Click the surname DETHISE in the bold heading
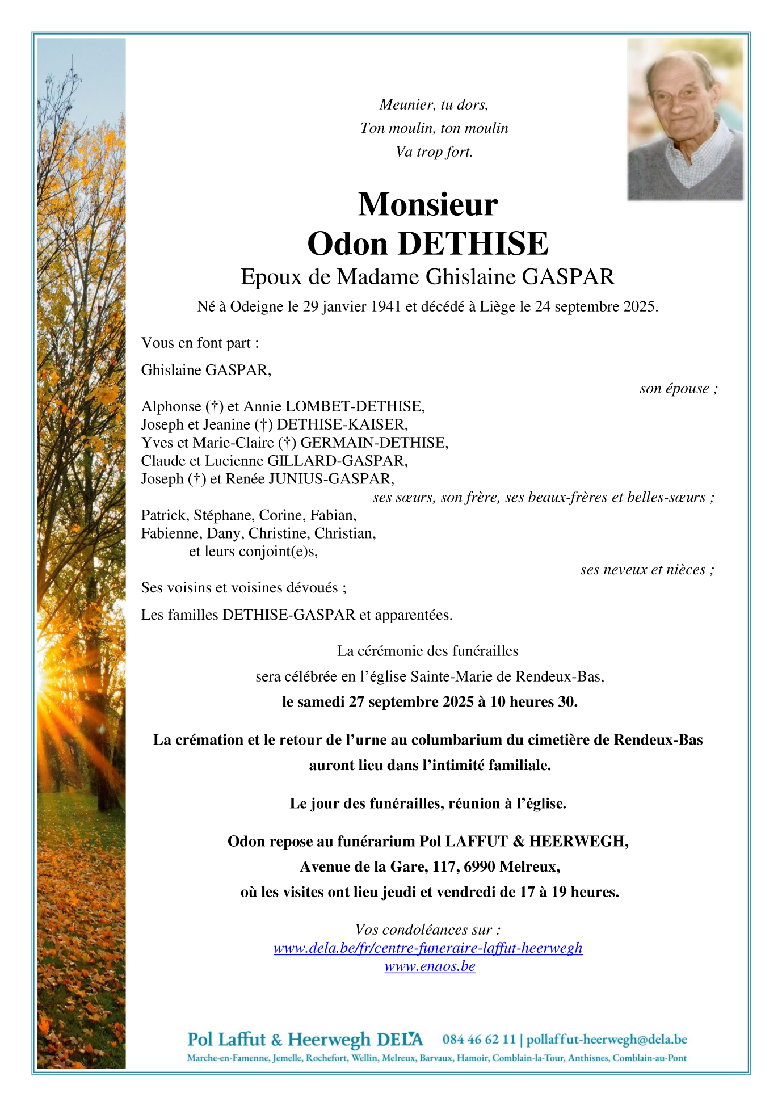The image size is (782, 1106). tap(473, 244)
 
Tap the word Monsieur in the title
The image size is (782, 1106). tap(428, 204)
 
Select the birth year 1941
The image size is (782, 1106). tap(386, 307)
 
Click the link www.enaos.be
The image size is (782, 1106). tap(430, 966)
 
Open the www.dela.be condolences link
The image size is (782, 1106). tap(428, 948)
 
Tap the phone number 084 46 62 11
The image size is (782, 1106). tap(478, 1040)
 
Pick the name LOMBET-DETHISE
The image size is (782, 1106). tap(354, 406)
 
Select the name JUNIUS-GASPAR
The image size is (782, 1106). tap(330, 479)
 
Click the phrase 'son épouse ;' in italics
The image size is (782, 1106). tap(678, 389)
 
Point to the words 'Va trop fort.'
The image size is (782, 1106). tap(434, 152)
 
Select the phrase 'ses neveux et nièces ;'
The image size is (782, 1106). tap(647, 570)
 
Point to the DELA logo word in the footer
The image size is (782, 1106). tap(400, 1040)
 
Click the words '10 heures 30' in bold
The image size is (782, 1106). tap(533, 702)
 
